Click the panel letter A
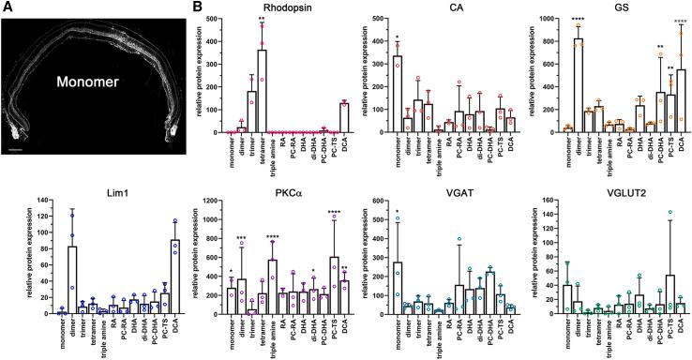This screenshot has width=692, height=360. (x=8, y=7)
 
